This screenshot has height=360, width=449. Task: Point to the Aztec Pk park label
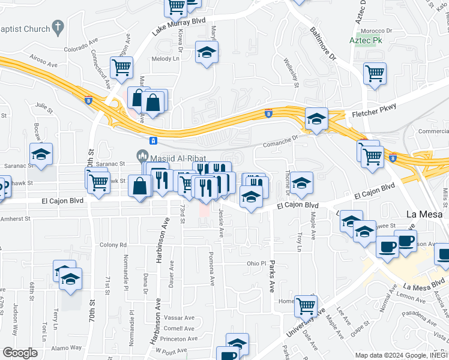click(366, 41)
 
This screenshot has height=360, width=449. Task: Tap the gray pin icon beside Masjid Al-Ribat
click(142, 155)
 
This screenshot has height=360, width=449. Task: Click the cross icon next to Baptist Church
click(58, 27)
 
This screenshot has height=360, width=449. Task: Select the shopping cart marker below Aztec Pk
click(375, 74)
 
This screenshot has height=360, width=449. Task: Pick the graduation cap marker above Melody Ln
click(206, 52)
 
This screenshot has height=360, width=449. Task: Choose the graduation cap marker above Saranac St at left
click(41, 154)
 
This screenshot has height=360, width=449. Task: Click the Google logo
click(20, 352)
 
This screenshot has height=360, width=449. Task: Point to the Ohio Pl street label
click(256, 263)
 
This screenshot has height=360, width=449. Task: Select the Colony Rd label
click(113, 245)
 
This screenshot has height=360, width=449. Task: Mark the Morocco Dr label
click(380, 29)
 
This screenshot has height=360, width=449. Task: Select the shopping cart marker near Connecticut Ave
click(121, 67)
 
